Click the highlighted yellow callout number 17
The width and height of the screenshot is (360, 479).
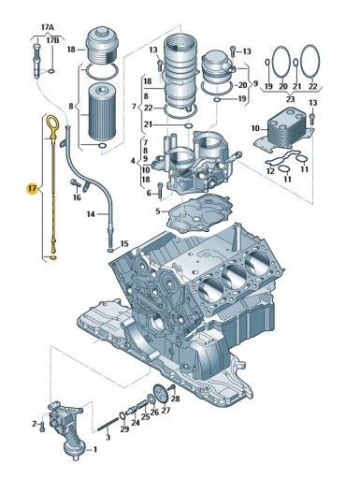[x=32, y=188]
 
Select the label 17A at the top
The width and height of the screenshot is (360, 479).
[x=48, y=27]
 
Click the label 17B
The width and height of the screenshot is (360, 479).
[x=52, y=40]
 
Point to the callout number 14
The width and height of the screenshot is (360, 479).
[x=91, y=214]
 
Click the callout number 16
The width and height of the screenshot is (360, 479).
[x=77, y=197]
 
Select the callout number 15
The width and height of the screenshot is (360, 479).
[x=124, y=243]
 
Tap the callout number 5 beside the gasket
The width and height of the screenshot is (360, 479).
[x=158, y=211]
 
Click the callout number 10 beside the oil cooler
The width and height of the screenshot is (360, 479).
[x=255, y=128]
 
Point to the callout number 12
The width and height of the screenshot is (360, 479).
[x=270, y=171]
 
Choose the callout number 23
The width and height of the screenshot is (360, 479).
[x=290, y=99]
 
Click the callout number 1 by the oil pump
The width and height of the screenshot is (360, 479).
[x=95, y=449]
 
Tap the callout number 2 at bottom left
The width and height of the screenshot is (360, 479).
[x=34, y=424]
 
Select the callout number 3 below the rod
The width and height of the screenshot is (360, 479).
[x=108, y=438]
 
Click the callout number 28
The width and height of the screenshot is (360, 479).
[x=176, y=399]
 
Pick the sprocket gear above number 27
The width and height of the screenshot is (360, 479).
[x=161, y=395]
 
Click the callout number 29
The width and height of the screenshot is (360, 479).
[x=124, y=429]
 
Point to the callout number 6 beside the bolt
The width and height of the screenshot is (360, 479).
[x=149, y=194]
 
